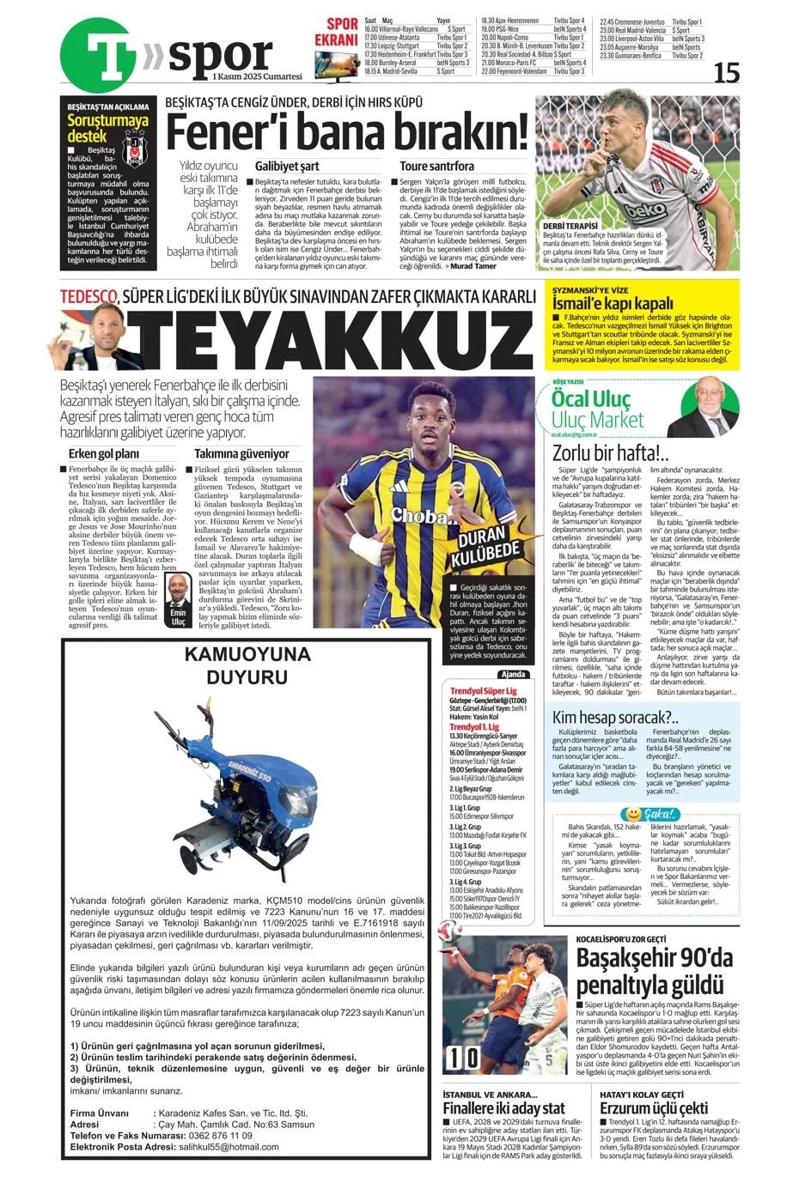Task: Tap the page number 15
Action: (x=726, y=72)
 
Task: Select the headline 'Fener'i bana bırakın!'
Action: (x=345, y=132)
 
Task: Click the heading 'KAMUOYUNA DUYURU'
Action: (x=247, y=665)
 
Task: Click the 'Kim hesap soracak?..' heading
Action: (x=615, y=717)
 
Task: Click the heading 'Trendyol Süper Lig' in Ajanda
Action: (x=484, y=691)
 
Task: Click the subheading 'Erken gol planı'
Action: (x=103, y=453)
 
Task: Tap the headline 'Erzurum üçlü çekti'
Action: (x=654, y=1108)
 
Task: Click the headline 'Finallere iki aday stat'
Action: (x=503, y=1108)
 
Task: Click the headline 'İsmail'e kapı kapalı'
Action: (x=613, y=303)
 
